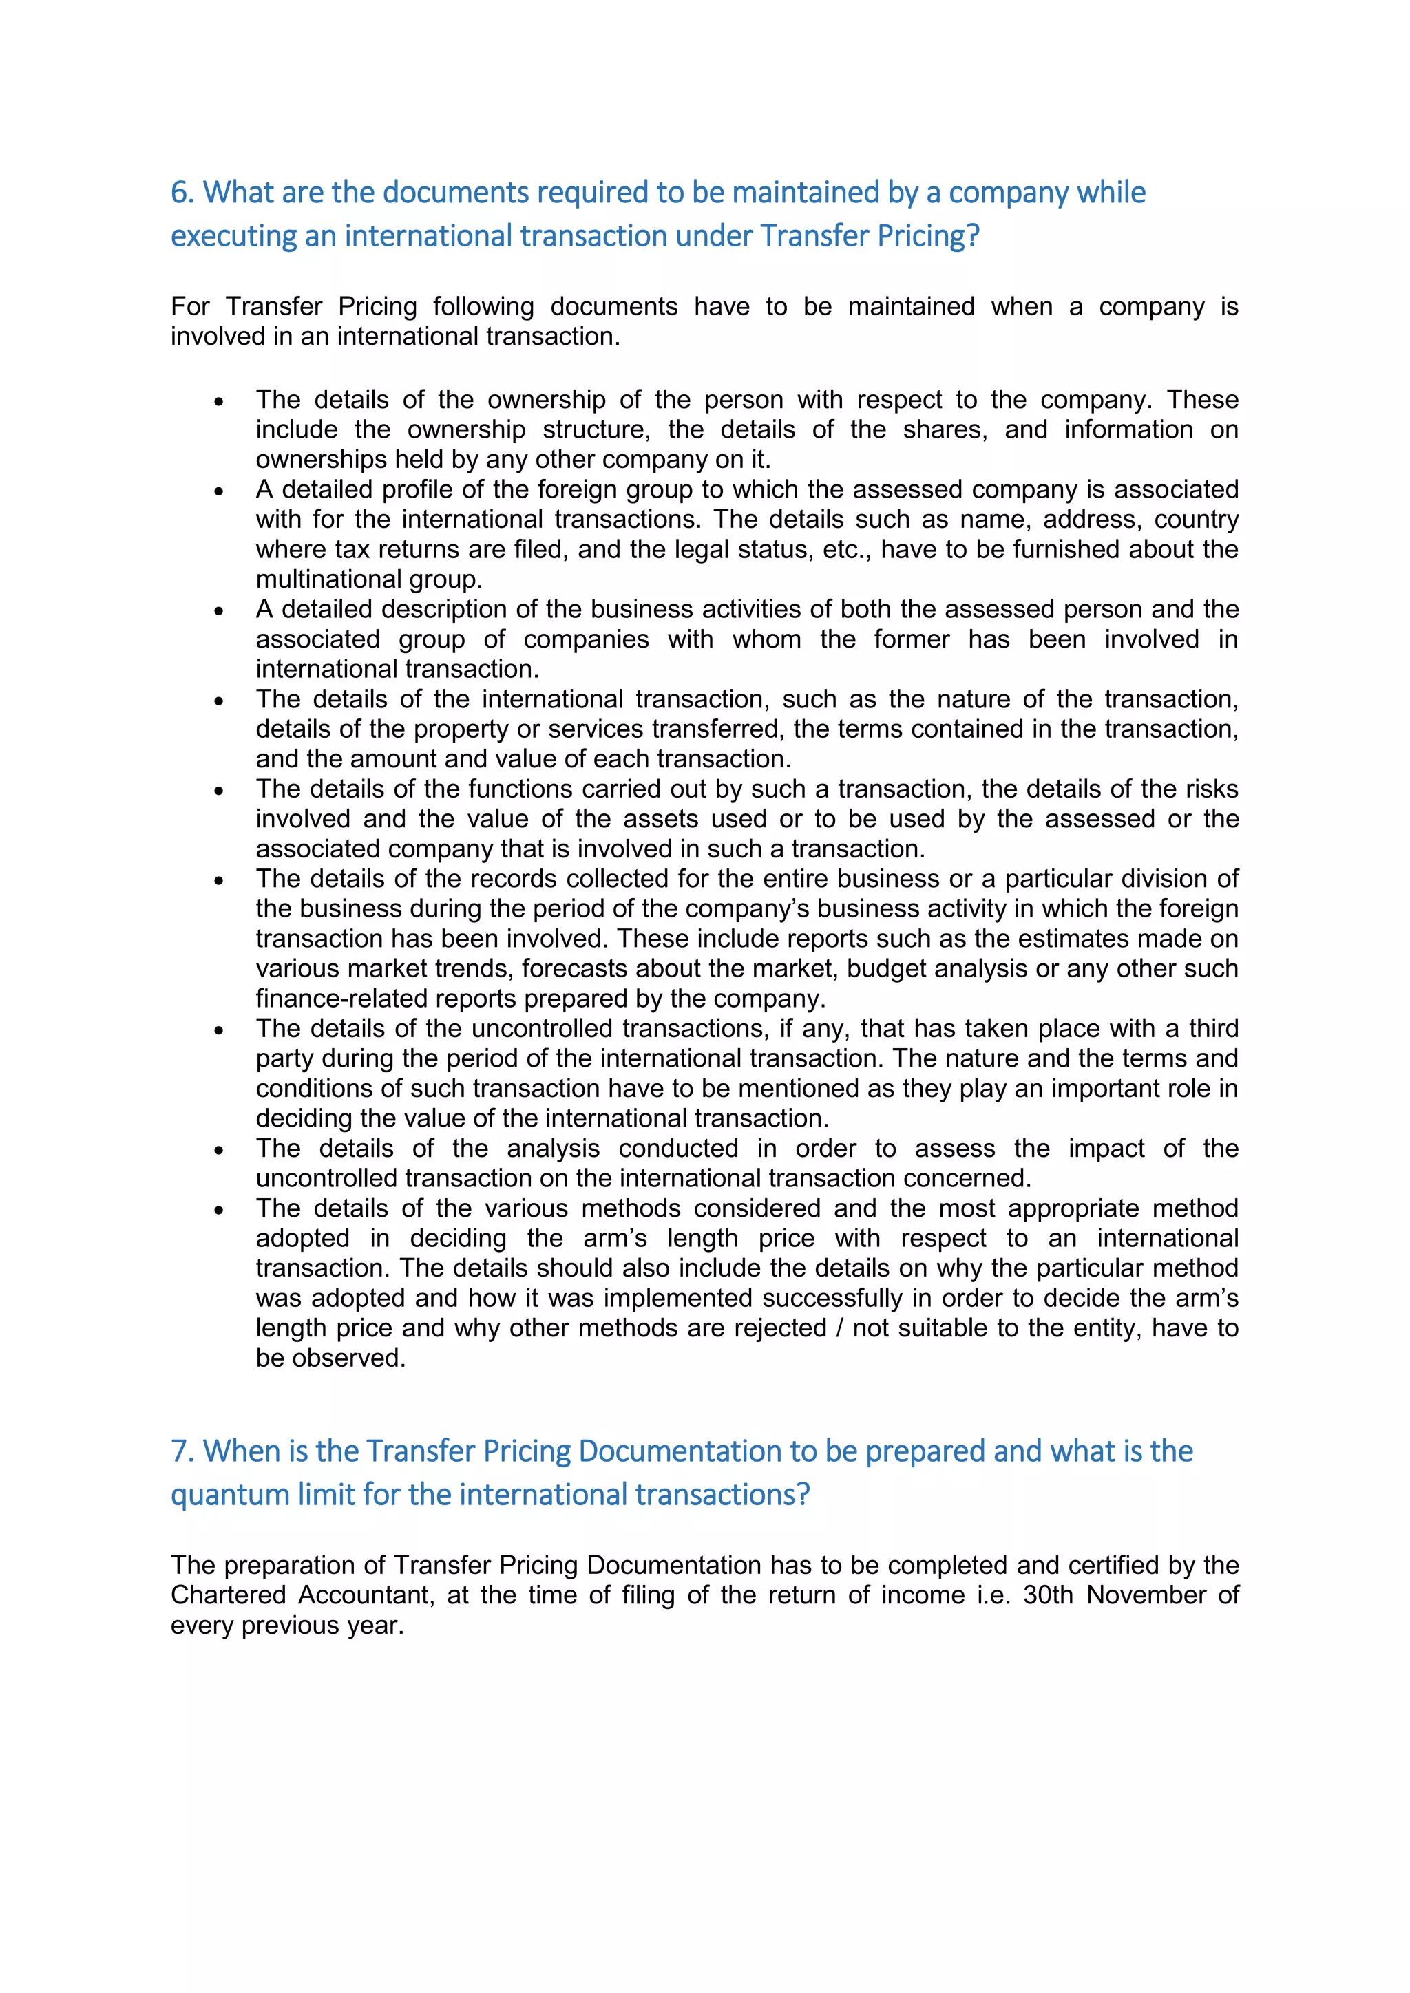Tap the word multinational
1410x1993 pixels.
click(328, 579)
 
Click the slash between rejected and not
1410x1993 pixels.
click(839, 1328)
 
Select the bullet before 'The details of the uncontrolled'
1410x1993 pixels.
click(219, 1031)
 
